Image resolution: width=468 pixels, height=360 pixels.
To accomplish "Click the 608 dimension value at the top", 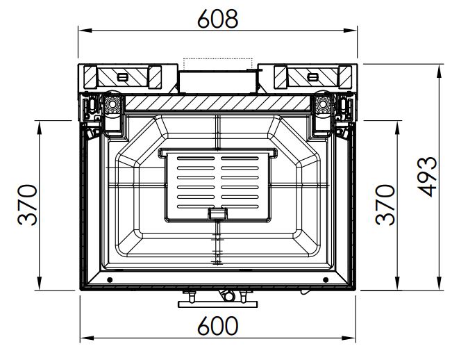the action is [218, 19].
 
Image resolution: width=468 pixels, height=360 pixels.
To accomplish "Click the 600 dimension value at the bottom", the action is [218, 326].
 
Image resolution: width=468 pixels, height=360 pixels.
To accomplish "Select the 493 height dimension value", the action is [427, 177].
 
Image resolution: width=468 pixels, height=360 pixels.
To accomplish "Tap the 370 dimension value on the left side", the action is [28, 205].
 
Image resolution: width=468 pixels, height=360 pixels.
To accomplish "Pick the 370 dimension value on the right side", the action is [385, 205].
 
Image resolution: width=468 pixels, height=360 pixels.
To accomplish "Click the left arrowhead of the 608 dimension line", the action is [85, 31].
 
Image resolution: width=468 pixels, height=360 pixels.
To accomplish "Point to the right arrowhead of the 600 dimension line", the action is [349, 338].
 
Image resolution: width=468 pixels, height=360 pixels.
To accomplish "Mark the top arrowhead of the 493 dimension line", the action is [439, 71].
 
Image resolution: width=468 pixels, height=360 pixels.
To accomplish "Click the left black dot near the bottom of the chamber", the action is [110, 280].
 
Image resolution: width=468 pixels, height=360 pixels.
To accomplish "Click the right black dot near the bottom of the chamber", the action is [326, 280].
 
